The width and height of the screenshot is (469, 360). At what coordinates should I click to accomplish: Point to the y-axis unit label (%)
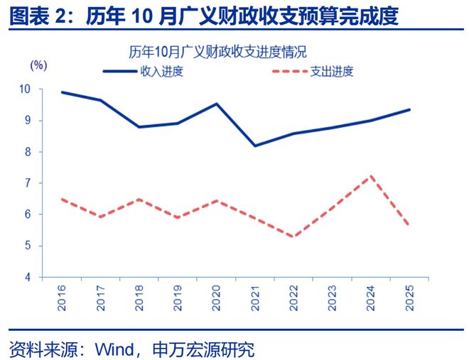(x=38, y=65)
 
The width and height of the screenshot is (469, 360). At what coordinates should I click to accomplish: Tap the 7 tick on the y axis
(x=28, y=183)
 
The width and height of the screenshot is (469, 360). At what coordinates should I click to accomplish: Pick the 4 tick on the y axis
(x=28, y=277)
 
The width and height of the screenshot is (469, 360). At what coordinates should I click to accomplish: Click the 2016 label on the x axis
(x=63, y=297)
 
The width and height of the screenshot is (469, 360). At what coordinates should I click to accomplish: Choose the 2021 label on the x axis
(x=254, y=297)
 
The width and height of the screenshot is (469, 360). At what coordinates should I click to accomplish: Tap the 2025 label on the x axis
(x=409, y=297)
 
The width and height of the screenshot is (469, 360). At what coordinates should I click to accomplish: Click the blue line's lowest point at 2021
(x=255, y=146)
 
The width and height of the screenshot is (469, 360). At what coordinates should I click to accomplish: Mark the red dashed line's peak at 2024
(x=370, y=175)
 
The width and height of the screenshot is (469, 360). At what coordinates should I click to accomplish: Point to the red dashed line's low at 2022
(x=293, y=236)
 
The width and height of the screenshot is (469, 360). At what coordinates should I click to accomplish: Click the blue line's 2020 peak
(x=216, y=104)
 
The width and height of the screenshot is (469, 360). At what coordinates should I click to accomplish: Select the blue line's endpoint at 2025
(x=409, y=109)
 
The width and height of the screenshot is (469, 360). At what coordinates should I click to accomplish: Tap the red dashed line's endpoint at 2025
(x=409, y=225)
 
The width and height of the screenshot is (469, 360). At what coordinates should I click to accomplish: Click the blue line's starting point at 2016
(x=63, y=92)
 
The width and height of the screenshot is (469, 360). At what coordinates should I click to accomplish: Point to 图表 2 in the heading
(x=33, y=15)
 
